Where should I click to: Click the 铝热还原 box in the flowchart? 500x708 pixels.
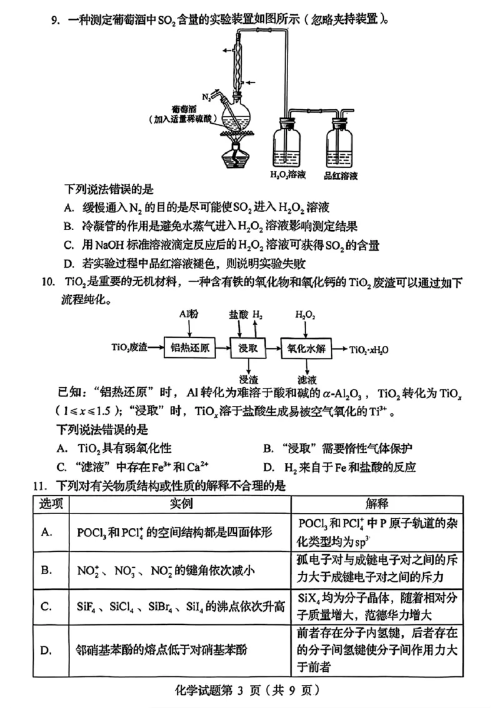pos(189,348)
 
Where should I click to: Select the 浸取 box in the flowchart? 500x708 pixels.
pos(248,348)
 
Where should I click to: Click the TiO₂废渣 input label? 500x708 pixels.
pos(129,348)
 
